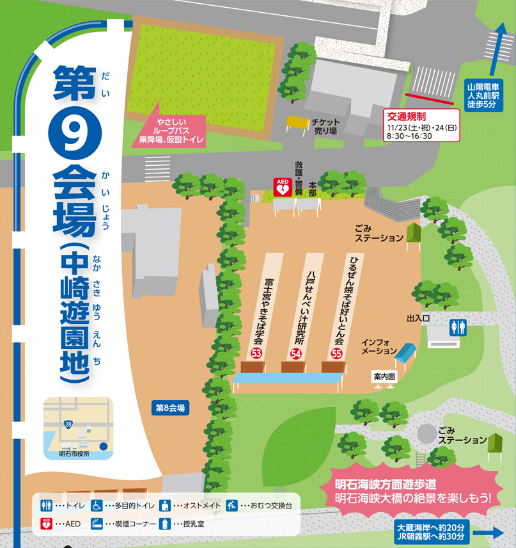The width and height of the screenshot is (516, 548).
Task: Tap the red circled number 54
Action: tap(296, 353)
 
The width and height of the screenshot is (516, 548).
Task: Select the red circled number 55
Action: tap(336, 353)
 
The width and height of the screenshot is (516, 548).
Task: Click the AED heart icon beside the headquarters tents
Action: tap(281, 187)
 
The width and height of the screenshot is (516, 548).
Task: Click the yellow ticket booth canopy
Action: tap(298, 121)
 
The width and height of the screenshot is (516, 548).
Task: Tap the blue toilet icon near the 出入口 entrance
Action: tap(458, 328)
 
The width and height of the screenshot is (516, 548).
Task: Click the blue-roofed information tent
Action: tap(405, 351)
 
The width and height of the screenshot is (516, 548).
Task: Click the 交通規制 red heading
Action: tap(407, 117)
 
